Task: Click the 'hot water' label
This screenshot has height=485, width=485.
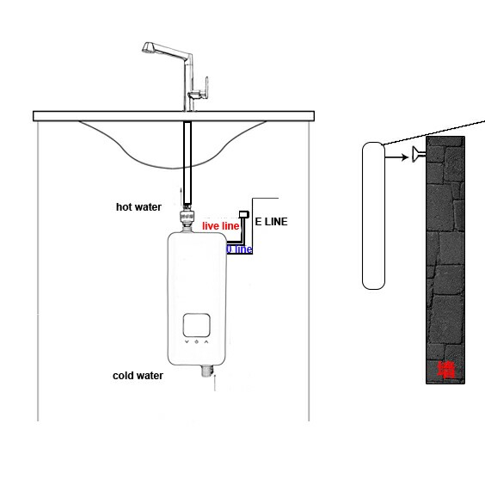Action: pos(138,207)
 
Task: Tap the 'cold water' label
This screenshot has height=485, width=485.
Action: pos(138,376)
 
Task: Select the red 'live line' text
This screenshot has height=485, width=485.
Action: pos(220,226)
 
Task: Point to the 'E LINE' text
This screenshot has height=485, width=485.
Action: pos(271,222)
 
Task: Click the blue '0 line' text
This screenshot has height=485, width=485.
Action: pos(239,249)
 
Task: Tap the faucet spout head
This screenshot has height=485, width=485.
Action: pos(150,47)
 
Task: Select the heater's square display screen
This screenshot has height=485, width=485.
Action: pos(197,325)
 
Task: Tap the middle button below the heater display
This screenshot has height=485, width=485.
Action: pos(196,341)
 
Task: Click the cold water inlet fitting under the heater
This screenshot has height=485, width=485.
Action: pos(207,371)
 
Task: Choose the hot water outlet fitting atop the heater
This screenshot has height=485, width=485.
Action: pos(187,218)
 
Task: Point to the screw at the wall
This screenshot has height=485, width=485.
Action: pos(419,154)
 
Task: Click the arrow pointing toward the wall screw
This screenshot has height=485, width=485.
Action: pos(396,157)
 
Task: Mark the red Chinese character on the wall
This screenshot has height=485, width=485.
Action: pos(447,371)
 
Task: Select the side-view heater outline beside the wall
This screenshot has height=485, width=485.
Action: pos(373,216)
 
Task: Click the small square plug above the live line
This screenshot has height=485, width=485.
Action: pos(244,214)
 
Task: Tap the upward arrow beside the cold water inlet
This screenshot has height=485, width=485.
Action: pos(215,383)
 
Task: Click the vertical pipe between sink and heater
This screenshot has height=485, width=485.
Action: pos(187,163)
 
